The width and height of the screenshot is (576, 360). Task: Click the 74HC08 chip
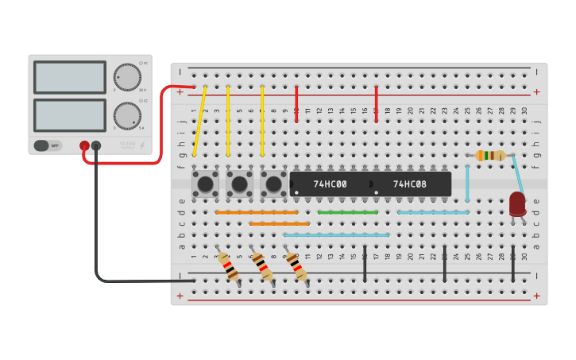tap(410, 184)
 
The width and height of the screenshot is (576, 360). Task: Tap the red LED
tap(517, 203)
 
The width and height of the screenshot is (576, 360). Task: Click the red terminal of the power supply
tap(84, 145)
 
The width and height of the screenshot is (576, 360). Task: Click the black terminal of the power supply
tap(96, 145)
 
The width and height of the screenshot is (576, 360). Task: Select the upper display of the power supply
tap(70, 77)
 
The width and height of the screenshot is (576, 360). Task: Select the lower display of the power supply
tap(70, 115)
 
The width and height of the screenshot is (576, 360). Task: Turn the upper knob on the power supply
tap(128, 77)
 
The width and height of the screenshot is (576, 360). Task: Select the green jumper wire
tap(347, 212)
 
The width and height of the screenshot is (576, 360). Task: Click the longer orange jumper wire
tap(257, 212)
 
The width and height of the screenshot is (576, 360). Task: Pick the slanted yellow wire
tap(199, 121)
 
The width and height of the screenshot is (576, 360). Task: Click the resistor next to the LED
tap(490, 155)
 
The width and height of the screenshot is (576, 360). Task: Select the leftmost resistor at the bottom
tap(229, 266)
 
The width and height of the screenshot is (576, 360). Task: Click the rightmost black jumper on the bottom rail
tap(513, 264)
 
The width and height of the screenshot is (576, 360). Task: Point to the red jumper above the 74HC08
tap(377, 104)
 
